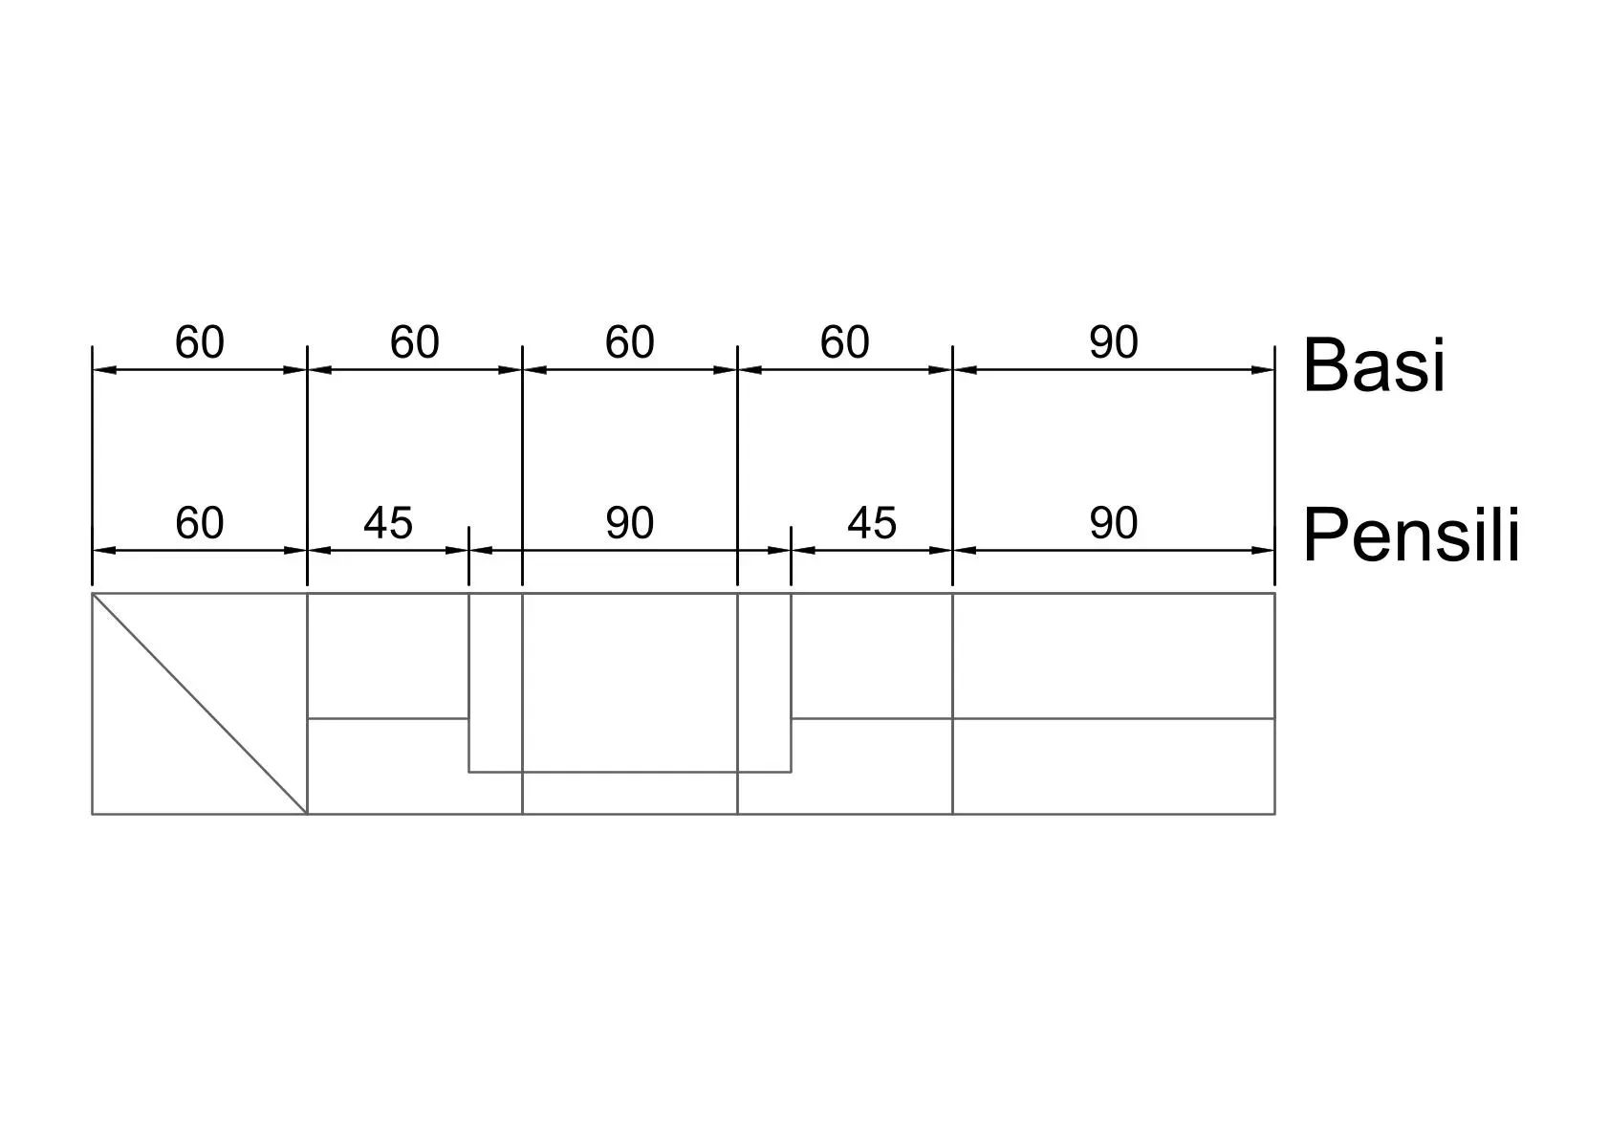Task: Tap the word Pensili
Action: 1411,535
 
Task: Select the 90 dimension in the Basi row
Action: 1114,342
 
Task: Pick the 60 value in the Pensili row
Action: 200,523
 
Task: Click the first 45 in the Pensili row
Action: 388,523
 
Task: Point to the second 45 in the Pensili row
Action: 872,523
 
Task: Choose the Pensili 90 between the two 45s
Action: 630,523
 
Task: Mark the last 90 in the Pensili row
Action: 1114,523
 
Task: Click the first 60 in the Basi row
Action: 200,342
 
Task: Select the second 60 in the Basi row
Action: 415,342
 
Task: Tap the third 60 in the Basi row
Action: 630,342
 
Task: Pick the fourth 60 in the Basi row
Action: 845,342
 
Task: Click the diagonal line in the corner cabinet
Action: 200,703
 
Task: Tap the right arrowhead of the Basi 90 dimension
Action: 1263,370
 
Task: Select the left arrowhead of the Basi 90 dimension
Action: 966,370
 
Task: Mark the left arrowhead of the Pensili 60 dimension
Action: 105,550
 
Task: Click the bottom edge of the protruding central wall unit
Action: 630,773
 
